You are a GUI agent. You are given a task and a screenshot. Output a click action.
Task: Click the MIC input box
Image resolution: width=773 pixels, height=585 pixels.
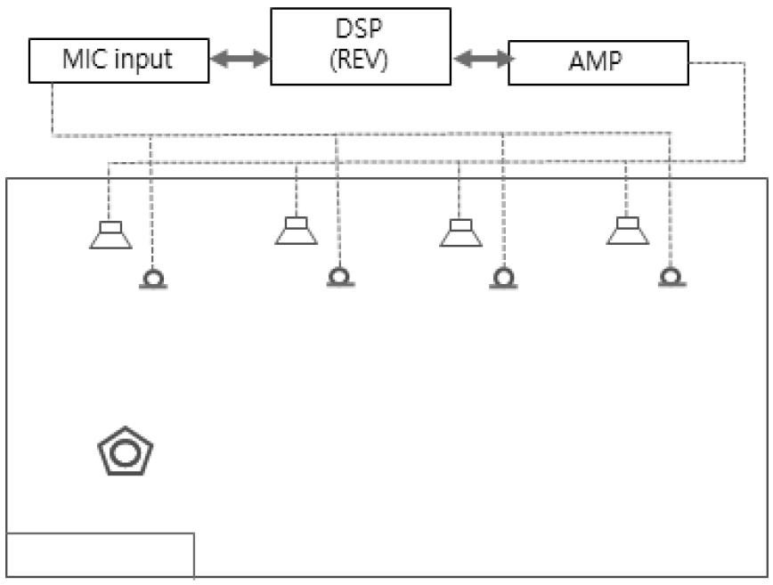pos(118,61)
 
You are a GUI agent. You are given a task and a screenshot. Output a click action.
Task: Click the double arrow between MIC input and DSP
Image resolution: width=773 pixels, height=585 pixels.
pos(240,60)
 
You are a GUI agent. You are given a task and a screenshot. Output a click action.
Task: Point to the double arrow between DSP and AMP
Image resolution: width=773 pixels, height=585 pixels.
pos(482,60)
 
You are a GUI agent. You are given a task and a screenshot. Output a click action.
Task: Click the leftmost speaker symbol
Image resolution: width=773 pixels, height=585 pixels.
pos(111,235)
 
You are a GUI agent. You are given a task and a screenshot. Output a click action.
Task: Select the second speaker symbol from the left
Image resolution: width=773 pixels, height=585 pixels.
pos(297,231)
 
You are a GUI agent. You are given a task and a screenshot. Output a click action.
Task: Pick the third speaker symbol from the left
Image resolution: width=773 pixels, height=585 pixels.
pos(460,232)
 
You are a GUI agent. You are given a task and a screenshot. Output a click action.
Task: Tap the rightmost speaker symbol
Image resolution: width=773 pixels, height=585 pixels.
pos(628,231)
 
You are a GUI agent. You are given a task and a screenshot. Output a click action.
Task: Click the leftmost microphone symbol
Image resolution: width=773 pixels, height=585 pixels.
pos(153,280)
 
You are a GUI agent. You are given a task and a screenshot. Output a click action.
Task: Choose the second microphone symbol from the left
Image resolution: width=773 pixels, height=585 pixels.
pos(338,279)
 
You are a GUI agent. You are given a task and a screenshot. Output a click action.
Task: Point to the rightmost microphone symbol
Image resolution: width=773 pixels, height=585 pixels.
pos(670,279)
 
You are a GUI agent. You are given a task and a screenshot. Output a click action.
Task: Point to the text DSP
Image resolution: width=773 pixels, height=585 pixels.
pos(362,30)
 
